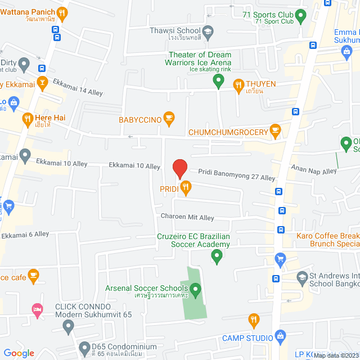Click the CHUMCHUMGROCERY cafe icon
(x=274, y=131)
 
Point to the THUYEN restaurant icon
(x=238, y=84)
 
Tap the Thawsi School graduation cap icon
(x=207, y=30)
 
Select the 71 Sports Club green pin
(x=300, y=15)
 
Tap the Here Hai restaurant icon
(x=26, y=118)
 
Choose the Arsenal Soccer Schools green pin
(x=196, y=290)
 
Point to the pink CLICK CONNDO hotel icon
(x=38, y=309)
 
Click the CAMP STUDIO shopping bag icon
(x=281, y=337)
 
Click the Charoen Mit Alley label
(x=187, y=217)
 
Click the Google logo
(x=19, y=353)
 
